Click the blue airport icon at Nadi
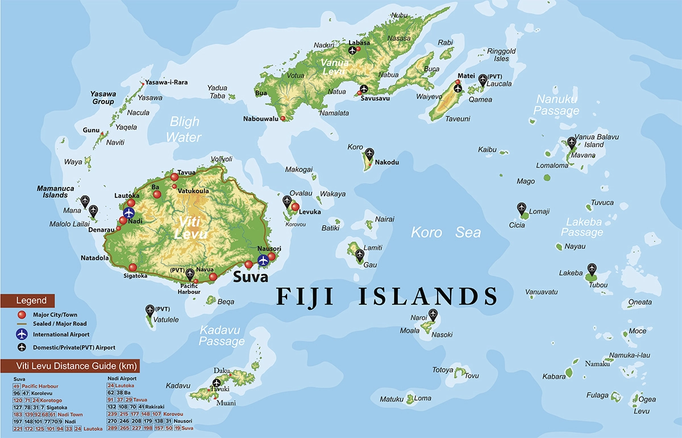[x=128, y=213]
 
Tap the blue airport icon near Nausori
[x=263, y=260]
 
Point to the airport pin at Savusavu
[x=363, y=89]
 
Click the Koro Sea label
[x=446, y=232]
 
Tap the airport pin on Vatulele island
[x=150, y=310]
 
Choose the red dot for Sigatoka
[x=132, y=267]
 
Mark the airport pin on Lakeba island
[x=592, y=269]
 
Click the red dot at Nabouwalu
[x=283, y=118]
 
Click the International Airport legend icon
[x=22, y=335]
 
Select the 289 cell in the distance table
[x=111, y=428]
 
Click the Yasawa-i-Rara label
[x=166, y=82]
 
